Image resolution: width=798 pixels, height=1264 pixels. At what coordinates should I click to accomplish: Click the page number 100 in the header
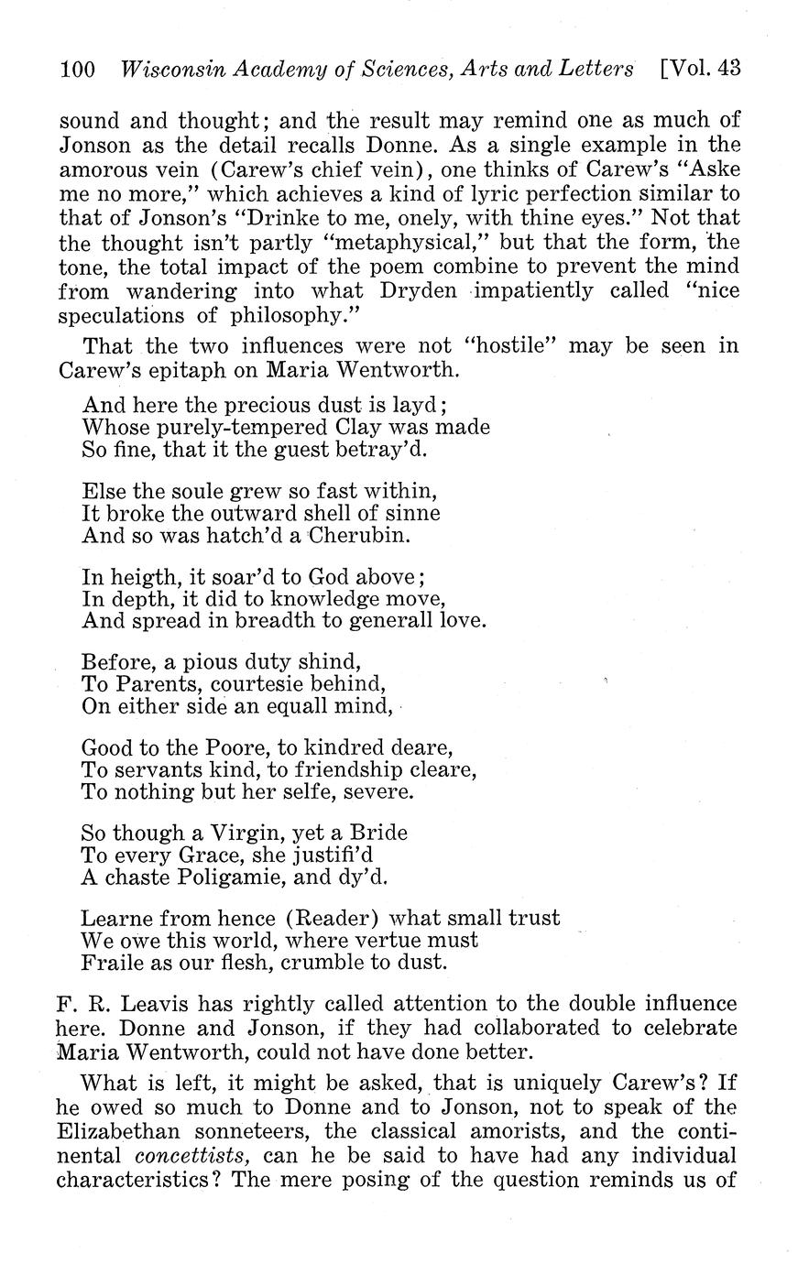point(78,70)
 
